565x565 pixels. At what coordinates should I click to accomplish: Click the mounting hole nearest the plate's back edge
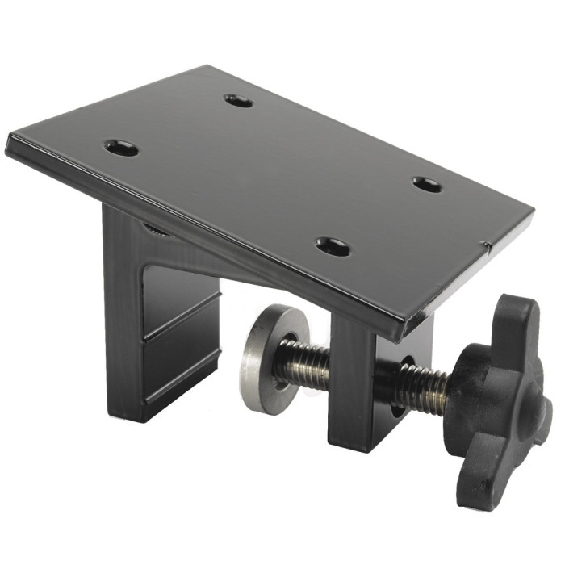[238, 101]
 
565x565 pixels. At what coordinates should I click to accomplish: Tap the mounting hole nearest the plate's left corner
[122, 148]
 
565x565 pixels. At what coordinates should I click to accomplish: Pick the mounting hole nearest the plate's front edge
[333, 246]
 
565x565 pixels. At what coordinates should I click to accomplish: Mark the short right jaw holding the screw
[355, 387]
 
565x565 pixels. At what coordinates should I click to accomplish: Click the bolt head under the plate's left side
[157, 230]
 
